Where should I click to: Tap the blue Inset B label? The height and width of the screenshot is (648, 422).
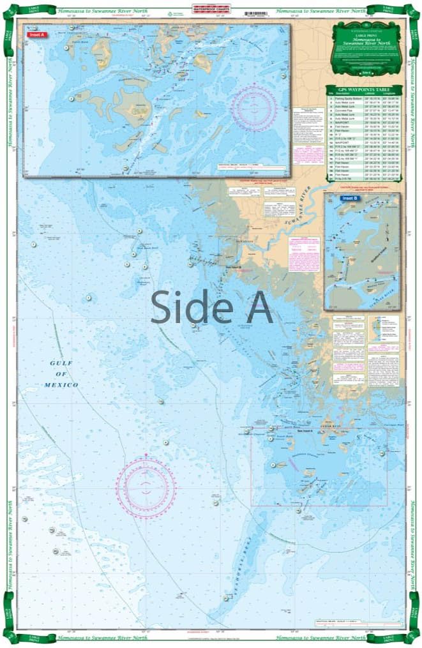pos(350,199)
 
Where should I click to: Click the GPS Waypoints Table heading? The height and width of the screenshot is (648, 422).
pos(365,90)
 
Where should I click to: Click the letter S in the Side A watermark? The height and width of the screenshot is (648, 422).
pos(164,307)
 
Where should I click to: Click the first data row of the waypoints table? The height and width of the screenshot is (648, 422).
pos(365,100)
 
